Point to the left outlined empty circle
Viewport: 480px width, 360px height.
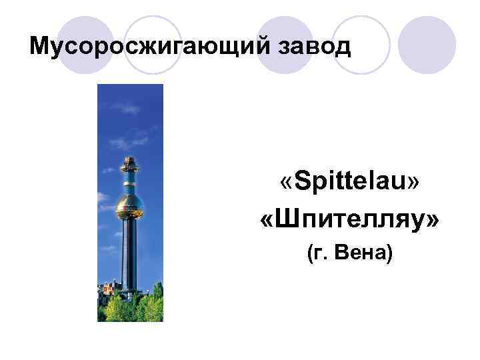coord(154,44)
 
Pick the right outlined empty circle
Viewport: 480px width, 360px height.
coord(361,44)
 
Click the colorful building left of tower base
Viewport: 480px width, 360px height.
coord(107,290)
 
